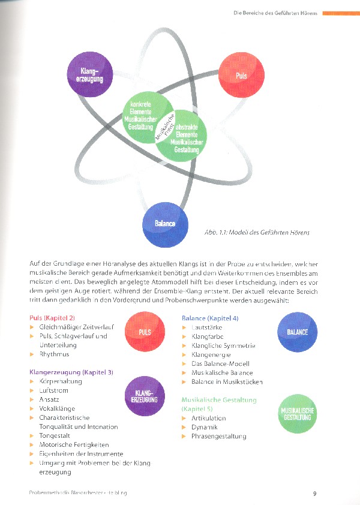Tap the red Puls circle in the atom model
pyautogui.click(x=241, y=76)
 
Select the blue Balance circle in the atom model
pyautogui.click(x=165, y=224)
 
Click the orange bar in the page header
pyautogui.click(x=341, y=12)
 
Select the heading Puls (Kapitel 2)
pyautogui.click(x=53, y=318)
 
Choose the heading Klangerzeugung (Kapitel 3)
pyautogui.click(x=71, y=372)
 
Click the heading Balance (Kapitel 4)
pyautogui.click(x=210, y=318)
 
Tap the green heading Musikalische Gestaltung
pyautogui.click(x=219, y=399)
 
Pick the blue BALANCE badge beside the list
pyautogui.click(x=298, y=332)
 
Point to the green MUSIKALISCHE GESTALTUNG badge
pyautogui.click(x=298, y=413)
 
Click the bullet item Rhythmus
pyautogui.click(x=56, y=354)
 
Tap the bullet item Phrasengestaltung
pyautogui.click(x=218, y=436)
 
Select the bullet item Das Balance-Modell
pyautogui.click(x=220, y=363)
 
